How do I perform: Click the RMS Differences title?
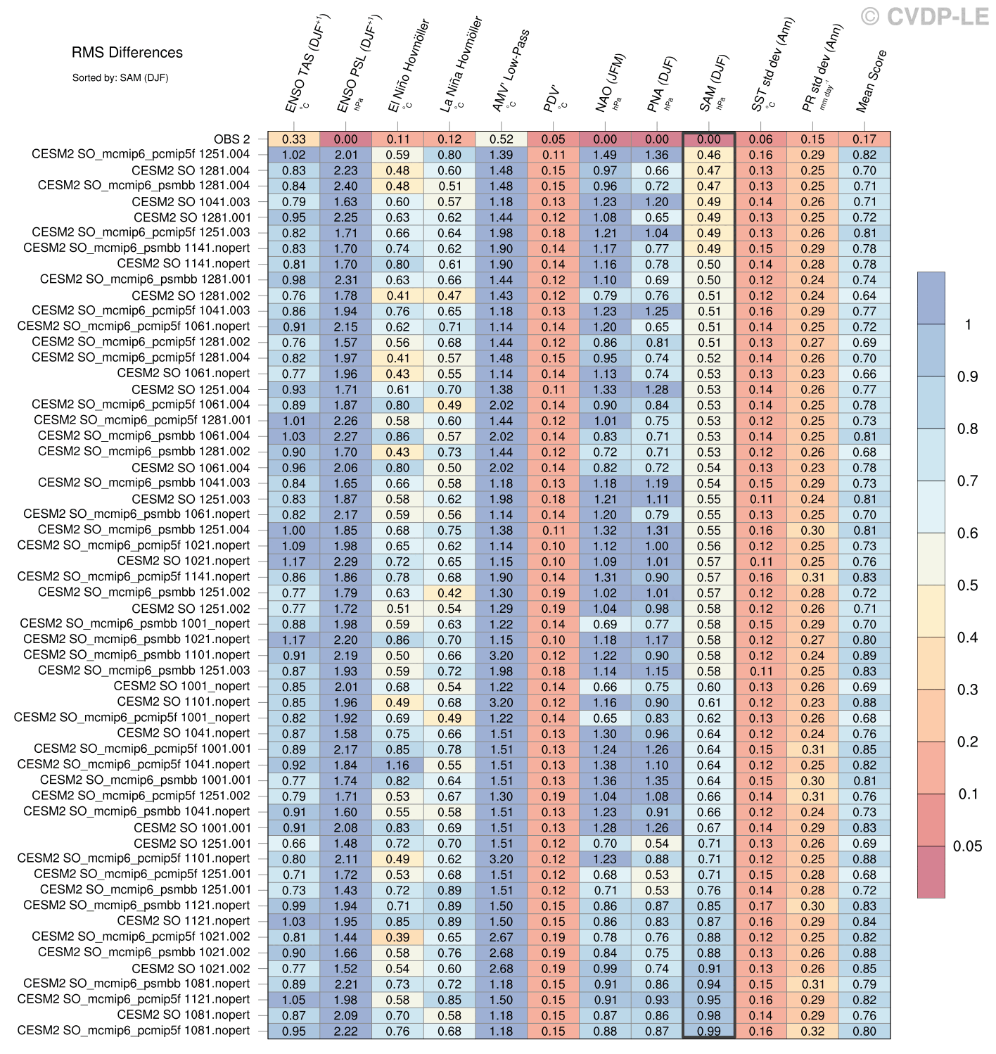point(127,53)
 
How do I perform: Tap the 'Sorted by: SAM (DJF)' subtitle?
point(120,78)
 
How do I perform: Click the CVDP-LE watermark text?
point(925,17)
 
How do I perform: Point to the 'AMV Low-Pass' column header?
point(511,70)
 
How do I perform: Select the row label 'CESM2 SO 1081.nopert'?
point(183,1015)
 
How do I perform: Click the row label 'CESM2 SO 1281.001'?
point(191,217)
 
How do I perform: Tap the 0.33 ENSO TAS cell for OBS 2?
point(294,139)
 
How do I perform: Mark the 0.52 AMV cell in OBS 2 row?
point(502,139)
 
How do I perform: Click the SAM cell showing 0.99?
point(709,1031)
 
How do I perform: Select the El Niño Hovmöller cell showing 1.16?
point(397,765)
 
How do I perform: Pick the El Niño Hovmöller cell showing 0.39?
point(397,937)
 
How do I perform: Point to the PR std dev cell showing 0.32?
point(812,1031)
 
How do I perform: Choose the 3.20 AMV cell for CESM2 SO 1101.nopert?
point(502,702)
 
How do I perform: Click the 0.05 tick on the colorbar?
point(967,846)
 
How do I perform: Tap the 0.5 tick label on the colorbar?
point(967,585)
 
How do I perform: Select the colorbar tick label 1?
point(969,324)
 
